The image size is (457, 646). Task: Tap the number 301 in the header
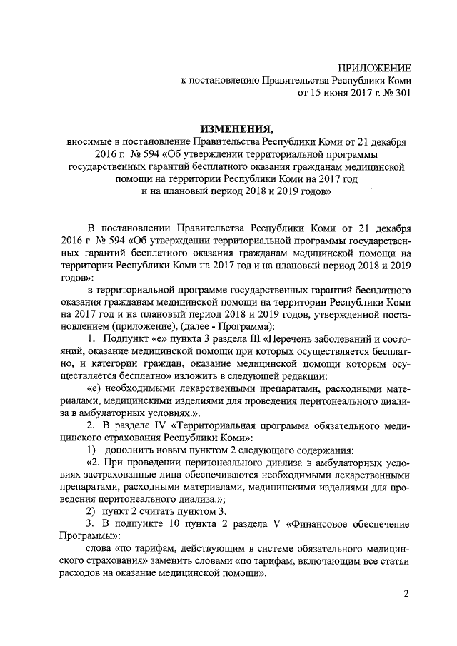click(402, 93)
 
